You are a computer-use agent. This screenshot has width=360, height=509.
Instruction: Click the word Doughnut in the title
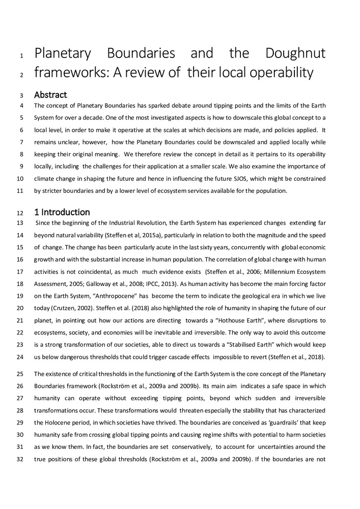[x=295, y=53]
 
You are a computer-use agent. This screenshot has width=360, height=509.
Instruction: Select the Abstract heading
[x=50, y=95]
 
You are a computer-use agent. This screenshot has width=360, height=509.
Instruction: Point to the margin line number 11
[x=20, y=191]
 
